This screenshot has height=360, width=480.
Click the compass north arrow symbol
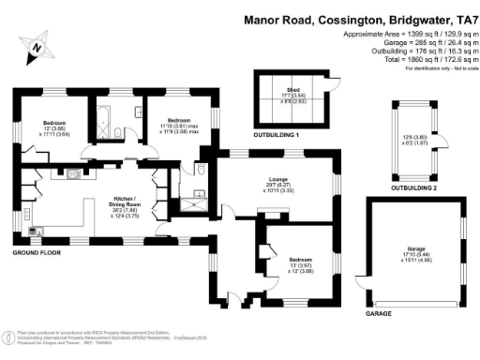(x=37, y=44)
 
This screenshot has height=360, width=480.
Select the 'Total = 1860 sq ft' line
(x=423, y=59)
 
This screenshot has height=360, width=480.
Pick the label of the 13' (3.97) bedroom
(x=301, y=260)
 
